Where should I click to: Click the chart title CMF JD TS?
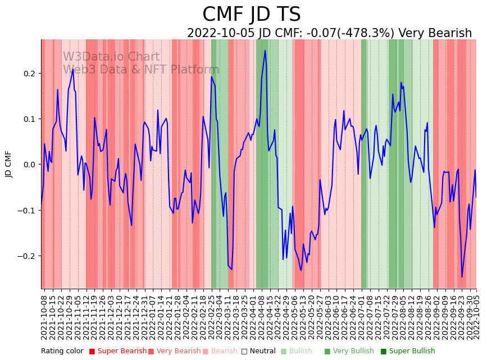[x=251, y=15]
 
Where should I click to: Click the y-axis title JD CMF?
[x=9, y=164]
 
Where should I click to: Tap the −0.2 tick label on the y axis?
[x=26, y=256]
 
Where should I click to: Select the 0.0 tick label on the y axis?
[x=29, y=165]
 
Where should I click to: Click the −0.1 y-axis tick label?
[x=26, y=211]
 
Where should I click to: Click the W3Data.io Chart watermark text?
[x=111, y=57]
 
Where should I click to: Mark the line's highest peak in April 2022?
[x=265, y=51]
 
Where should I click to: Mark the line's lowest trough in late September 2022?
[x=462, y=276]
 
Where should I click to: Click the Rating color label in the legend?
[x=62, y=352]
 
